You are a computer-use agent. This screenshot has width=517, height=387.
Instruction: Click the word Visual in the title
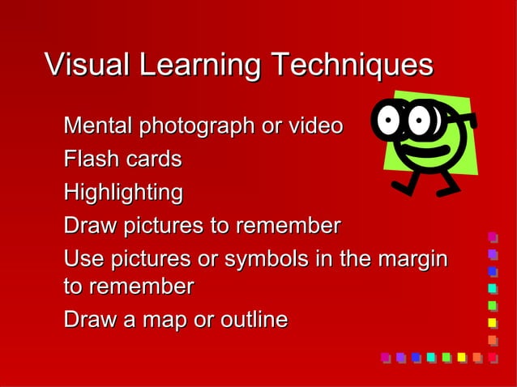[88, 64]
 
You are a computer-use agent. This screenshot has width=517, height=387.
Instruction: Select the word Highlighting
[123, 193]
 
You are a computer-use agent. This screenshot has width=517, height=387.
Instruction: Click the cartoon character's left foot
[401, 187]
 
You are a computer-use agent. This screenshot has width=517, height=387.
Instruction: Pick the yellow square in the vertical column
[492, 322]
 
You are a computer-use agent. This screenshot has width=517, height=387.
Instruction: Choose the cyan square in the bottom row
[431, 357]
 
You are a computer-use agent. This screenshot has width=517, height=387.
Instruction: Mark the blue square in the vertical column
[492, 271]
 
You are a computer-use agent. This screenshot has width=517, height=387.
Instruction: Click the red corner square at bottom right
[492, 357]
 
